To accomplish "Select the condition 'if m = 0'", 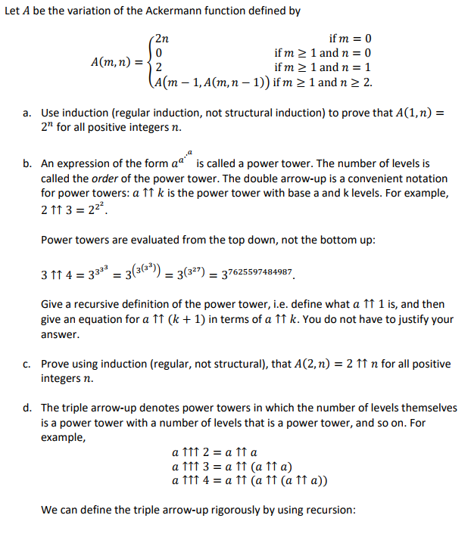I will click(x=351, y=39).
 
